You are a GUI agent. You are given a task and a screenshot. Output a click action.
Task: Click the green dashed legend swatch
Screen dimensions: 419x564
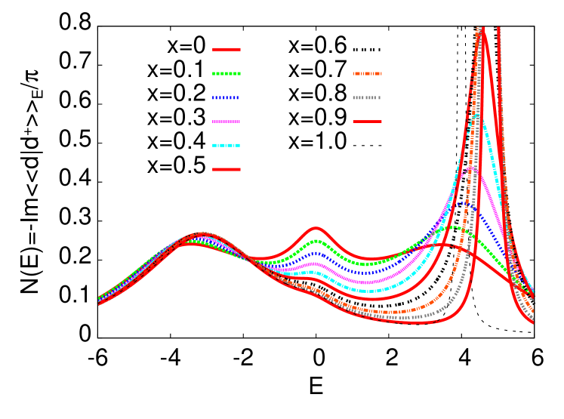[227, 73]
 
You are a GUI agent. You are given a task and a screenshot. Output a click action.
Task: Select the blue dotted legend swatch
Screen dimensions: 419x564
[226, 97]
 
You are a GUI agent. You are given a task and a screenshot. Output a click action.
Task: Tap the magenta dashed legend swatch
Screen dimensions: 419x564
[227, 122]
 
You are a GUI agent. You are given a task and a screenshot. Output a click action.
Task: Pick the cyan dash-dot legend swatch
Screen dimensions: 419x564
[227, 145]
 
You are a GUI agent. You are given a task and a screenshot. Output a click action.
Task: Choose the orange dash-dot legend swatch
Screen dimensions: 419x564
[367, 73]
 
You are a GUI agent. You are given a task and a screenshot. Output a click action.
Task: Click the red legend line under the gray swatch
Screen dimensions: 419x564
[367, 122]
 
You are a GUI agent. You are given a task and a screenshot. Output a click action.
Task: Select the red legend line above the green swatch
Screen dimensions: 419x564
[227, 49]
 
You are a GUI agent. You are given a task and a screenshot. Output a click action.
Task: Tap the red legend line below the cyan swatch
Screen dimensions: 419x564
[227, 169]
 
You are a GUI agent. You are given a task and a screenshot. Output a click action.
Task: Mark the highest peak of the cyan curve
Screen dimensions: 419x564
[476, 116]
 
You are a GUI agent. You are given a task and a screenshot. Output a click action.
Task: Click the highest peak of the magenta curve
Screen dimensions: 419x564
[470, 168]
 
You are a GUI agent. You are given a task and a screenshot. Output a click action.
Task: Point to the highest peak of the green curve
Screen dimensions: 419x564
[455, 226]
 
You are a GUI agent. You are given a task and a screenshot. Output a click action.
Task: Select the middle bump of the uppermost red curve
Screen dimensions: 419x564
[316, 228]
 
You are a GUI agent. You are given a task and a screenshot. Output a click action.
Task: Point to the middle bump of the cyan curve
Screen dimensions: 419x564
[316, 272]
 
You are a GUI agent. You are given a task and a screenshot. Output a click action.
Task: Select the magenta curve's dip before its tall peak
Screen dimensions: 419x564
[365, 282]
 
